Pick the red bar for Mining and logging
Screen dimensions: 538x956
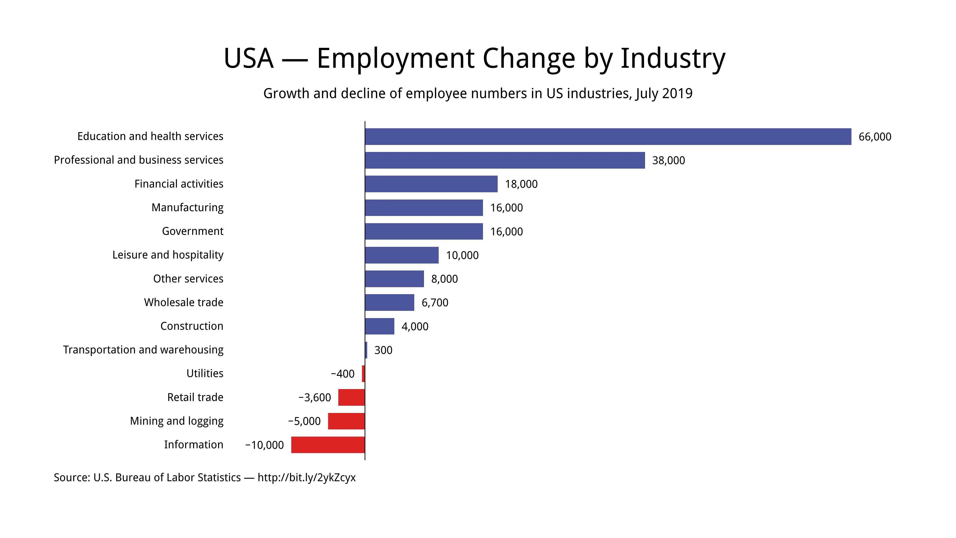coord(346,421)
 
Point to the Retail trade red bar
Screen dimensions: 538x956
coord(352,397)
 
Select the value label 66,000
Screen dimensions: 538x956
coord(875,137)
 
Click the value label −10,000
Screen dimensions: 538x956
coord(264,445)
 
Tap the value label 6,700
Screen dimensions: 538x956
coord(435,303)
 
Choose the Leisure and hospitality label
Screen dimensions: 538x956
coord(168,255)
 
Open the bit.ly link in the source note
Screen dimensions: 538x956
coord(306,477)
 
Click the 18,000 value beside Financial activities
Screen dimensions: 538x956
coord(521,184)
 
